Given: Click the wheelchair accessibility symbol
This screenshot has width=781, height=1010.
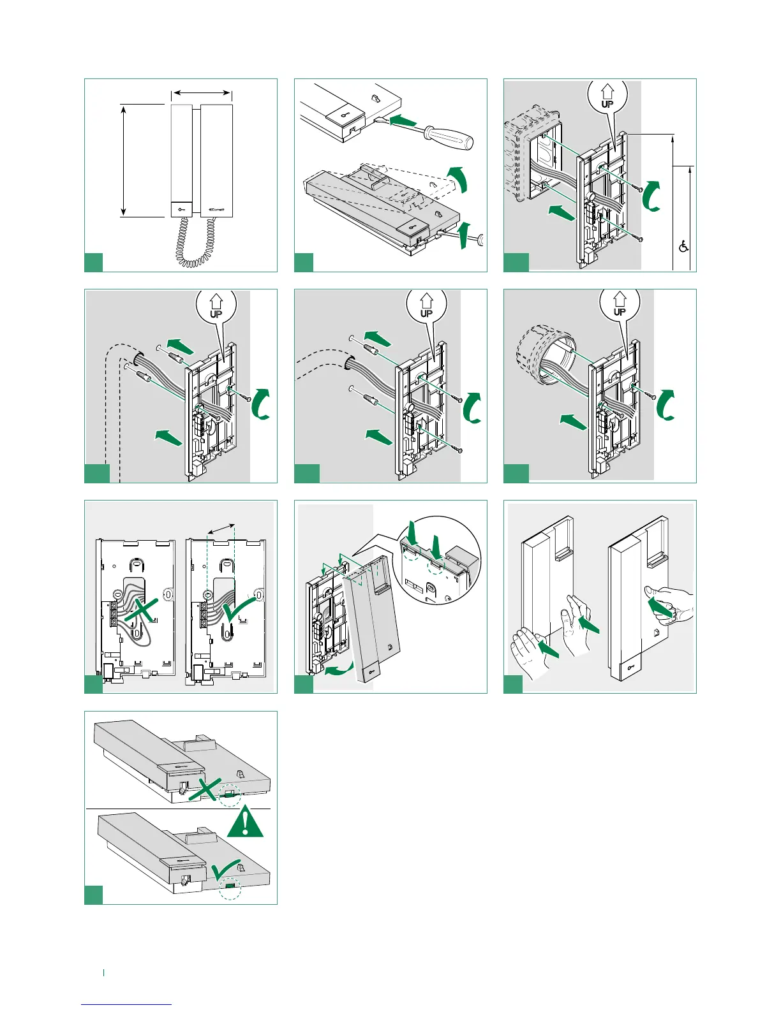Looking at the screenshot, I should (x=683, y=246).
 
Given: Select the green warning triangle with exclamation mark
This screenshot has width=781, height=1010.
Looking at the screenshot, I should (x=245, y=823).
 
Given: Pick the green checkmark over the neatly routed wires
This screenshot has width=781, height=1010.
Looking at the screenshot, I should (x=241, y=607).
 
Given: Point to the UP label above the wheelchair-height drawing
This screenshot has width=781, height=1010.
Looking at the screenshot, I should (x=607, y=97).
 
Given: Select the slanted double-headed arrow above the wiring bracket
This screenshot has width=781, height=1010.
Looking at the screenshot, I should (x=222, y=529).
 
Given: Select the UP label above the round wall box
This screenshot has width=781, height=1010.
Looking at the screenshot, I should (x=619, y=305).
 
